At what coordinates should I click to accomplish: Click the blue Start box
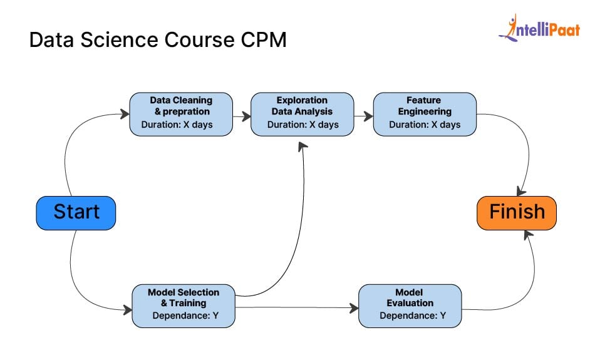[76, 212]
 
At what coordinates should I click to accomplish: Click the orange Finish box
[517, 212]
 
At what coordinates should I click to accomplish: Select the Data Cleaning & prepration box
[181, 113]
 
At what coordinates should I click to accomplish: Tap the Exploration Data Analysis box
[303, 113]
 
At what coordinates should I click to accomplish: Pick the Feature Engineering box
[425, 113]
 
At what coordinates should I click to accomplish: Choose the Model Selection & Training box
[184, 305]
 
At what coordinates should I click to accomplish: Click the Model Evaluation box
[410, 305]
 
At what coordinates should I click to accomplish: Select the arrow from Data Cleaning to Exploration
[241, 115]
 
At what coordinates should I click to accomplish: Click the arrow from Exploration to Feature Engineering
[363, 115]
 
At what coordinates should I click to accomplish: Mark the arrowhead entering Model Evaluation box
[354, 307]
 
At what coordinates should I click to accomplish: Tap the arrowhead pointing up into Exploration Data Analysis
[303, 146]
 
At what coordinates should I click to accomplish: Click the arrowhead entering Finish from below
[528, 234]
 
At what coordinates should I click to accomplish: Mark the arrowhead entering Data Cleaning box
[125, 114]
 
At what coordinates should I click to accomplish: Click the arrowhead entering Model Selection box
[127, 309]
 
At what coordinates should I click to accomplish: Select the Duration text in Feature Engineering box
[425, 125]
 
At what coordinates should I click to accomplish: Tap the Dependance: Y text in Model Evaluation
[410, 316]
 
